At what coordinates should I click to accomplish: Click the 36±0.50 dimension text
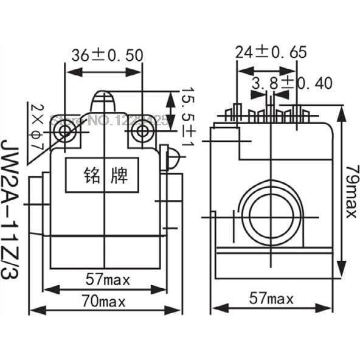click(107, 55)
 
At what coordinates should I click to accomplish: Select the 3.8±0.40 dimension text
click(292, 83)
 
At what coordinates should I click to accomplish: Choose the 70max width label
click(105, 300)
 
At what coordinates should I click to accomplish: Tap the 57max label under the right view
click(271, 299)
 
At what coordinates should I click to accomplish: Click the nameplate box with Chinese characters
click(105, 176)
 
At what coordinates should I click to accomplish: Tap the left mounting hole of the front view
click(66, 131)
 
